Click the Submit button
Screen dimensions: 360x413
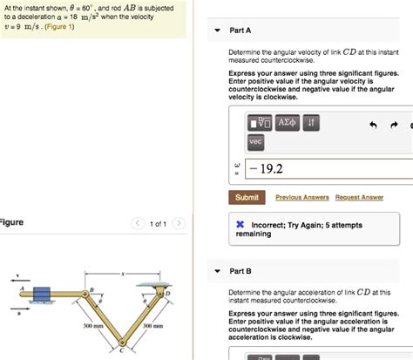247,198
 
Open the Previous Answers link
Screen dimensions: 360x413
301,198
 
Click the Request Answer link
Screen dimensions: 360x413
359,198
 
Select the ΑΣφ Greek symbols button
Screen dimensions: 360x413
288,124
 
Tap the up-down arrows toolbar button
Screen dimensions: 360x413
313,124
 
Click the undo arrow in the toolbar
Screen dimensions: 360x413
373,125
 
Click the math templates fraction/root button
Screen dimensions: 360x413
260,124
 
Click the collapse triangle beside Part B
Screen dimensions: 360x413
218,271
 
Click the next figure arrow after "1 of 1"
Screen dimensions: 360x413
179,224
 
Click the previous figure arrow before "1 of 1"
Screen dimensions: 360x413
137,224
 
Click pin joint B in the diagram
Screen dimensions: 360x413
89,296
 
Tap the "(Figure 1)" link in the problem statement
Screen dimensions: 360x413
58,27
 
